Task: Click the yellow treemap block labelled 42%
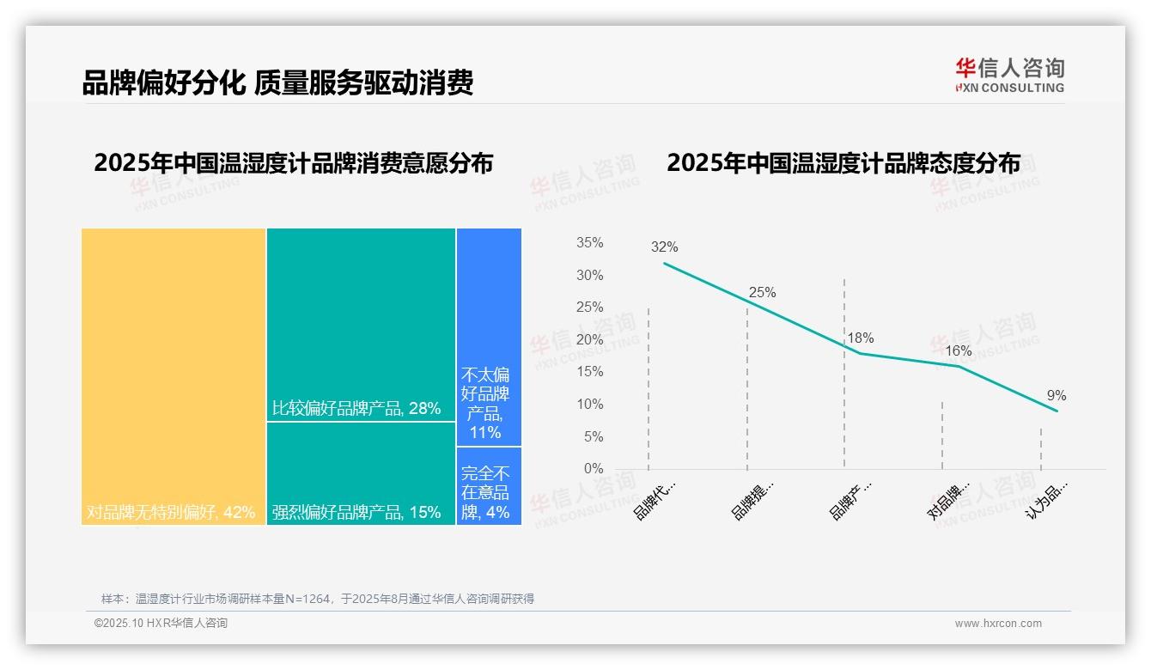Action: pos(174,376)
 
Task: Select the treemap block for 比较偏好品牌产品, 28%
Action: pos(361,325)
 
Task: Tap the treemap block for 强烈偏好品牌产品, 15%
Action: pos(361,473)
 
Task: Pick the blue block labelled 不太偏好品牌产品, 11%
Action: pos(489,337)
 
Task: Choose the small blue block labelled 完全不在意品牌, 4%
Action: pos(489,486)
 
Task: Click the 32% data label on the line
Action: pos(664,247)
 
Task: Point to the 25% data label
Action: pos(762,293)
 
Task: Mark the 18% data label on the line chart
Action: pos(860,338)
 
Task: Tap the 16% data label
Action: pos(958,351)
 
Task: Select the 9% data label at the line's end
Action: pos(1056,396)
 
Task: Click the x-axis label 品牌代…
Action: pos(655,500)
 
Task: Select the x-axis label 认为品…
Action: pos(1048,500)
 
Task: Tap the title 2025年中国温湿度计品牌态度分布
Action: pos(843,163)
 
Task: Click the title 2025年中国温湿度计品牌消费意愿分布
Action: pos(294,163)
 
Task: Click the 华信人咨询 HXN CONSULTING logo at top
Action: pos(1009,76)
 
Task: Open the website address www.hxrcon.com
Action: pos(997,624)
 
